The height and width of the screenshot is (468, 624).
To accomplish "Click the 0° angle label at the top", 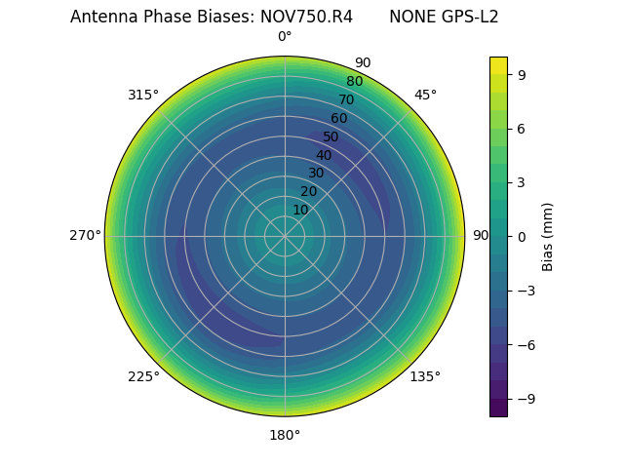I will (285, 37).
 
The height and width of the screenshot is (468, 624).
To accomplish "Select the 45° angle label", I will (425, 95).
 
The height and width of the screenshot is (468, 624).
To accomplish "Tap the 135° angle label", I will (425, 376).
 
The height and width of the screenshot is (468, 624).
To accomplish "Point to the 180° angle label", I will (285, 435).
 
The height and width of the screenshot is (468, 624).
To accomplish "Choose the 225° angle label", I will (143, 376).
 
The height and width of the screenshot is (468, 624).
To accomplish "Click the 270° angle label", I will (85, 236).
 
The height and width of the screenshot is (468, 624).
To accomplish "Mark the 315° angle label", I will (143, 95).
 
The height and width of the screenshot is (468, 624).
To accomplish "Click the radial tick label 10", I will (300, 210).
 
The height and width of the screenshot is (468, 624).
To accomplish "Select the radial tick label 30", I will (316, 174).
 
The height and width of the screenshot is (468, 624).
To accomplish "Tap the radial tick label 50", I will (331, 136).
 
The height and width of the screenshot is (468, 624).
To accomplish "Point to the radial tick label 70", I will (347, 99).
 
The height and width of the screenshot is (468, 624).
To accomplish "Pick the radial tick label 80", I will (355, 81).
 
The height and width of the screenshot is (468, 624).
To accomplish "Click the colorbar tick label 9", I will (522, 74).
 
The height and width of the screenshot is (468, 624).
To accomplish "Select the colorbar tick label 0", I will (522, 236).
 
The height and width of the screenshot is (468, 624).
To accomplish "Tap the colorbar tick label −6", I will (526, 344).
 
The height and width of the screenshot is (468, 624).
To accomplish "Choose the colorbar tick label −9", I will (526, 399).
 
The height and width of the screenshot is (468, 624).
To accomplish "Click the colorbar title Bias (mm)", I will (548, 236).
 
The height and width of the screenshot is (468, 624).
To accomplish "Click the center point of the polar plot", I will (285, 236).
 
